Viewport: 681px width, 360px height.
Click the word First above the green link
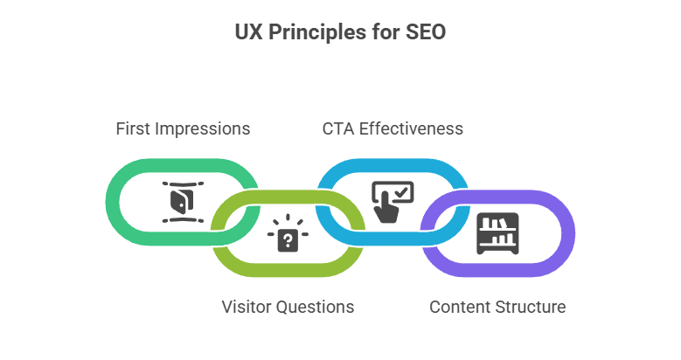pos(134,128)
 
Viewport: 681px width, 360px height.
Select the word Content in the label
pos(460,307)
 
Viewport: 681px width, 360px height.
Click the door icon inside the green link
pos(179,202)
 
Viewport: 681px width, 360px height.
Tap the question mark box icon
pos(287,238)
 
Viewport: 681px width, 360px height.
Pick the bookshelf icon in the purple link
pos(497,233)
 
